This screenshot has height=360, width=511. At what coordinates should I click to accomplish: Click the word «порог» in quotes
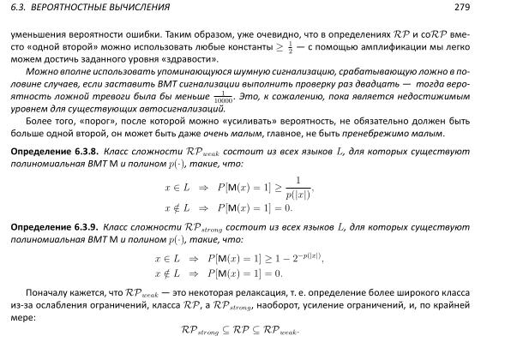pyautogui.click(x=87, y=122)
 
